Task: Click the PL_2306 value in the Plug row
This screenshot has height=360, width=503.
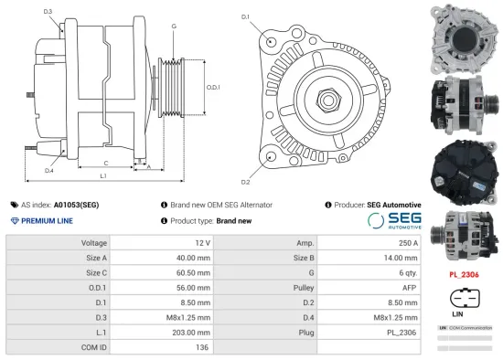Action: click(x=402, y=331)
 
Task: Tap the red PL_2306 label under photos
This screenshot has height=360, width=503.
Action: click(x=466, y=273)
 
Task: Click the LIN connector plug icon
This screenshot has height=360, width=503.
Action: click(x=465, y=298)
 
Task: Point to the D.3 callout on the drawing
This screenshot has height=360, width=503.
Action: click(x=48, y=11)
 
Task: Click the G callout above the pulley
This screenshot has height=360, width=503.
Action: click(x=173, y=26)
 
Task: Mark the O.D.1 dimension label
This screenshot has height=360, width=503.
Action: click(x=212, y=88)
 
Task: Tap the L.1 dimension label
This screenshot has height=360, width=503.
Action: click(x=103, y=175)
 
